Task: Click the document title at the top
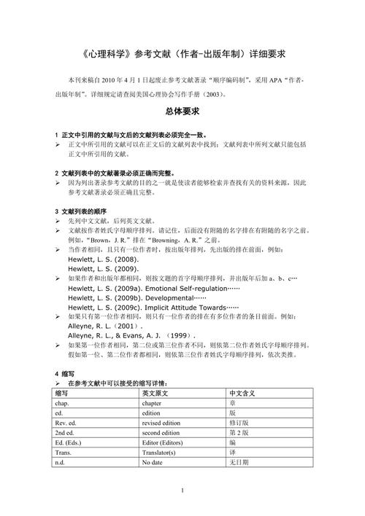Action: click(182, 54)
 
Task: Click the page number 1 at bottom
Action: click(182, 490)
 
